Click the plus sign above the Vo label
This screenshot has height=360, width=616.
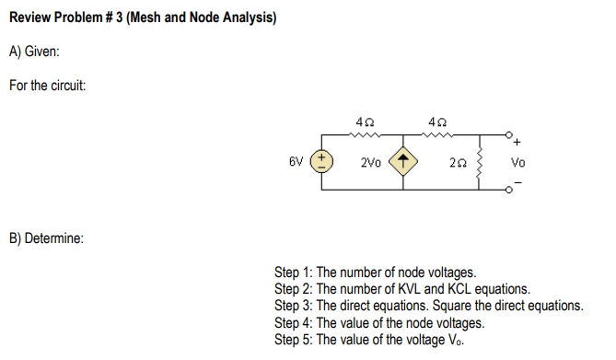tap(517, 143)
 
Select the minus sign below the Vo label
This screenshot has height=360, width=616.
tap(517, 181)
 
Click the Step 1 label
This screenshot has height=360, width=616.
tap(294, 273)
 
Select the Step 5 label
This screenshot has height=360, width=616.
tap(294, 339)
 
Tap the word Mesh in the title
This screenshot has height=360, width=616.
tap(145, 18)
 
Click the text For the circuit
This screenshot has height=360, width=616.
tap(48, 86)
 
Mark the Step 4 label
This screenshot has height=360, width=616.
tap(294, 322)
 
